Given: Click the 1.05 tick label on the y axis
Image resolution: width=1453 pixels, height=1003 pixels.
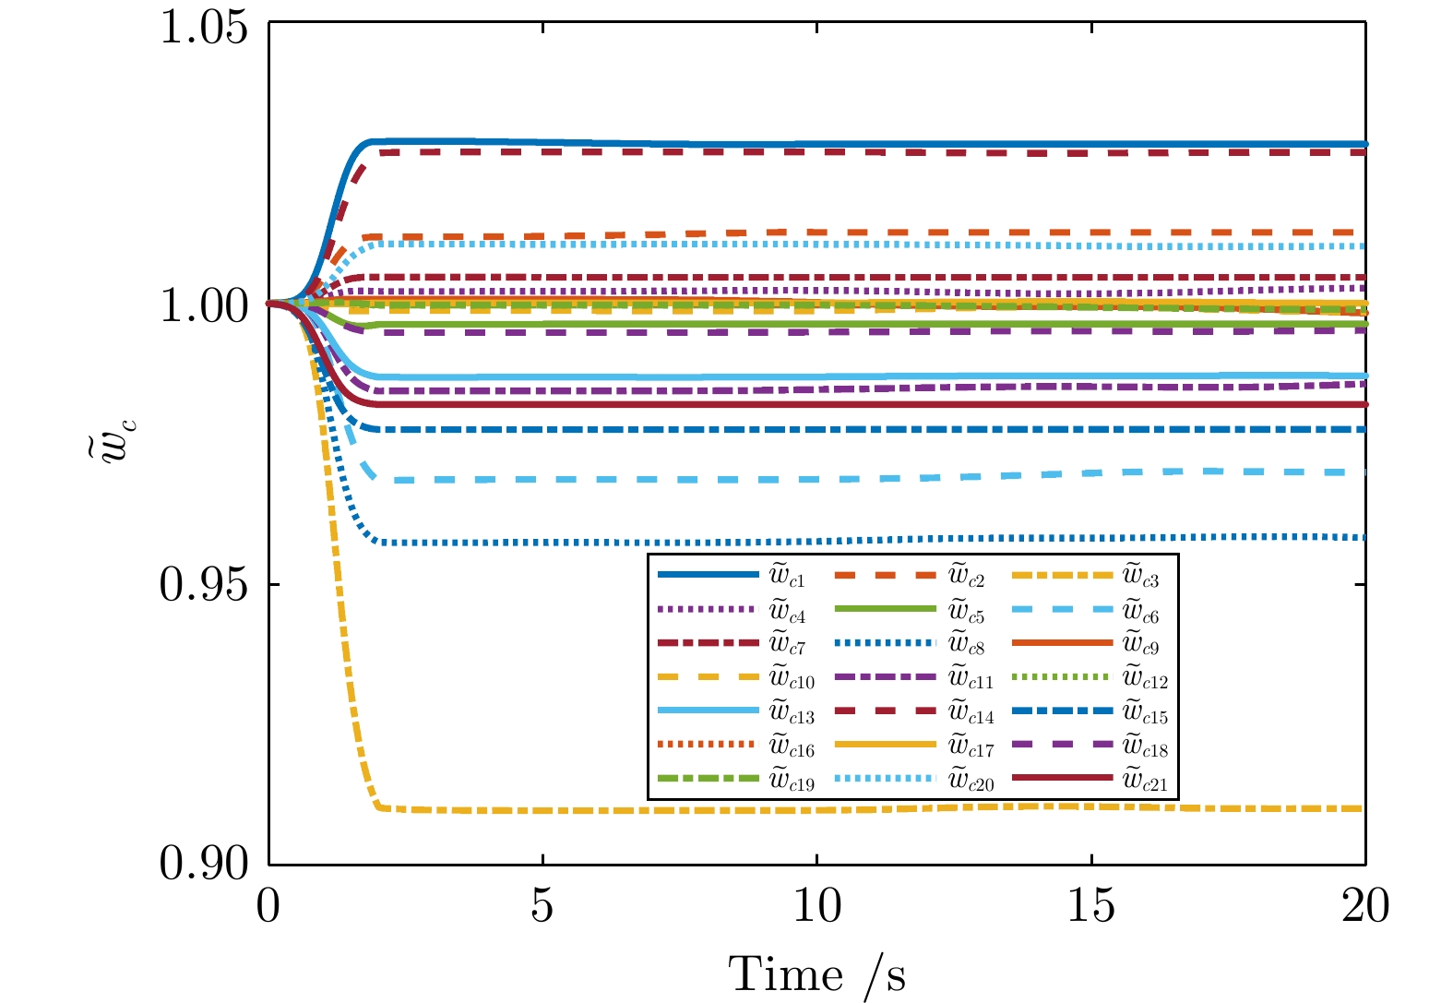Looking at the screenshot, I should pyautogui.click(x=204, y=26).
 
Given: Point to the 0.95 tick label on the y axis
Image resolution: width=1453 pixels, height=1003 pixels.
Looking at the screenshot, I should pyautogui.click(x=204, y=585).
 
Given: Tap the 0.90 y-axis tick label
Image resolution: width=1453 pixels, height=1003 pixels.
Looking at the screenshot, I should pyautogui.click(x=204, y=864).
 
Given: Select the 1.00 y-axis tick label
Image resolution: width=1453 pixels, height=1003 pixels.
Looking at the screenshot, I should pyautogui.click(x=204, y=304).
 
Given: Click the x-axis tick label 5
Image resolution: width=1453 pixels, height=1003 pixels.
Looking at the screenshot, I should pyautogui.click(x=542, y=907).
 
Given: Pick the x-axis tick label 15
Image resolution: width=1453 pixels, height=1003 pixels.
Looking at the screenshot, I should pyautogui.click(x=1091, y=907).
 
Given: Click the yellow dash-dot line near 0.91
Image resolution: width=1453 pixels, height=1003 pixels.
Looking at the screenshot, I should pyautogui.click(x=738, y=810).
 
